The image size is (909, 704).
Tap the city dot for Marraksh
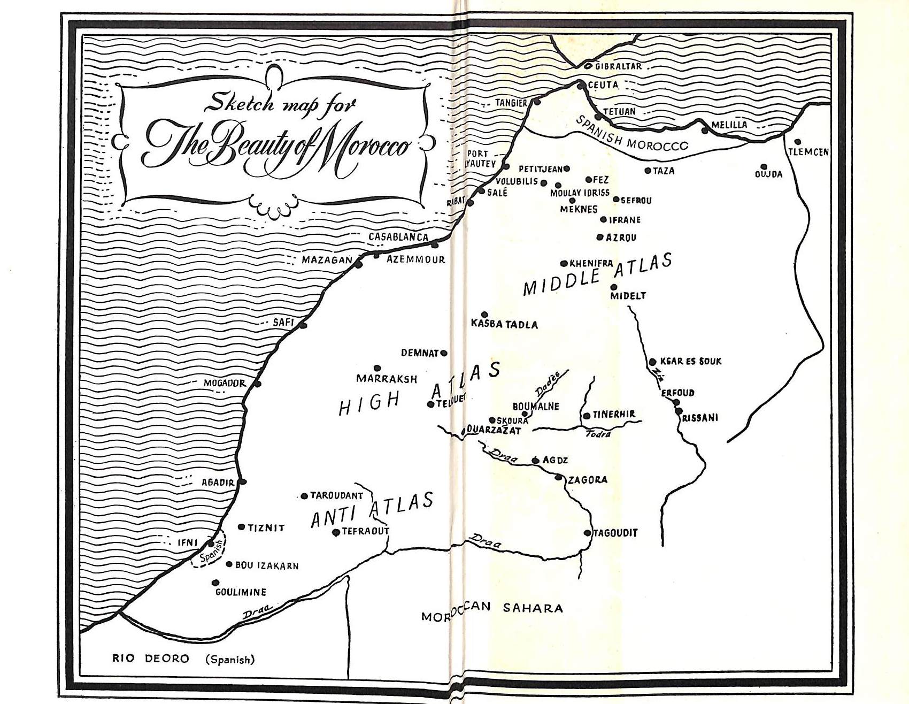coord(377,369)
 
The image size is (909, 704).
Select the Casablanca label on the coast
coord(398,237)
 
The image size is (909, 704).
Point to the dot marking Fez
coord(589,180)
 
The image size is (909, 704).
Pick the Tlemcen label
coord(808,152)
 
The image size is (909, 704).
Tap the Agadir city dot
coord(243,482)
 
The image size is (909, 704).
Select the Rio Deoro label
coord(150,659)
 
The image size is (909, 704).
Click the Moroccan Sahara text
coord(491,610)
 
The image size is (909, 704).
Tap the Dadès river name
coord(548,384)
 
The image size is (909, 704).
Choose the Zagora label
coord(587,480)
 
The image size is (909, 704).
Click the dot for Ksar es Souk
coord(652,362)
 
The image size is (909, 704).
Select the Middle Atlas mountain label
coord(597,276)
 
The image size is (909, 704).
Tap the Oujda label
coord(768,174)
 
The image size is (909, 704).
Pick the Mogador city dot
coord(258,384)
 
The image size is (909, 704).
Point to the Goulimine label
coord(241,592)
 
